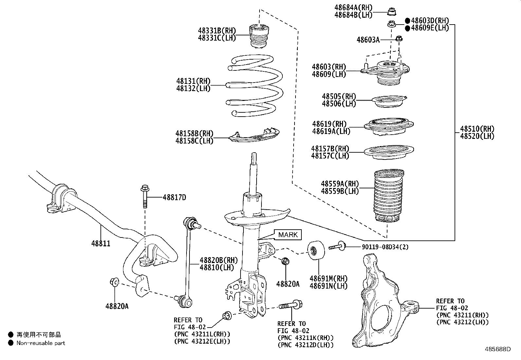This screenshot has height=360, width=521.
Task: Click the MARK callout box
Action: [x=288, y=235]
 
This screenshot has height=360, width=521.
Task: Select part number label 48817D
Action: [x=174, y=198]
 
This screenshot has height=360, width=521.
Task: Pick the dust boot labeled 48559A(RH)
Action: [x=388, y=196]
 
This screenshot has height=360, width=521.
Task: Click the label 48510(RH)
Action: [x=477, y=129]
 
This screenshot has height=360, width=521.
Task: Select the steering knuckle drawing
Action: [x=380, y=301]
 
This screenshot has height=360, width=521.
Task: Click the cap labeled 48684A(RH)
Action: [x=391, y=11]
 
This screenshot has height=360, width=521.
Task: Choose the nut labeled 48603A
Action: [x=399, y=39]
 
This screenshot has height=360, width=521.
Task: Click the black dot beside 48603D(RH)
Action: [x=407, y=20]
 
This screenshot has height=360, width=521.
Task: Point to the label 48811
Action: [x=100, y=243]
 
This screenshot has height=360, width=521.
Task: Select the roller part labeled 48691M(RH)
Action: [x=316, y=251]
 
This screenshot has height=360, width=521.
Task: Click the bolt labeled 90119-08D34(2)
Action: [x=337, y=246]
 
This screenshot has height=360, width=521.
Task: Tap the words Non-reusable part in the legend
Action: [x=41, y=343]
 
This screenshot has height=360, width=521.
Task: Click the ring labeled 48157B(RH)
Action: [x=389, y=152]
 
